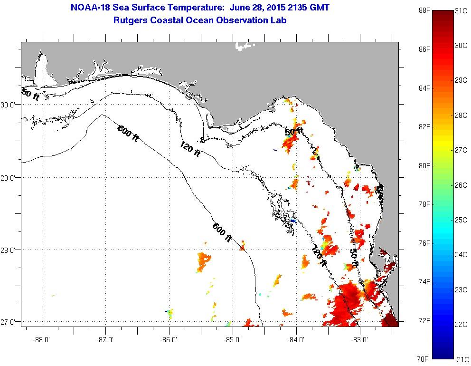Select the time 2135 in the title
292,8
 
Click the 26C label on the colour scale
461,185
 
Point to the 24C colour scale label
461,255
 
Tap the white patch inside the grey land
245,46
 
